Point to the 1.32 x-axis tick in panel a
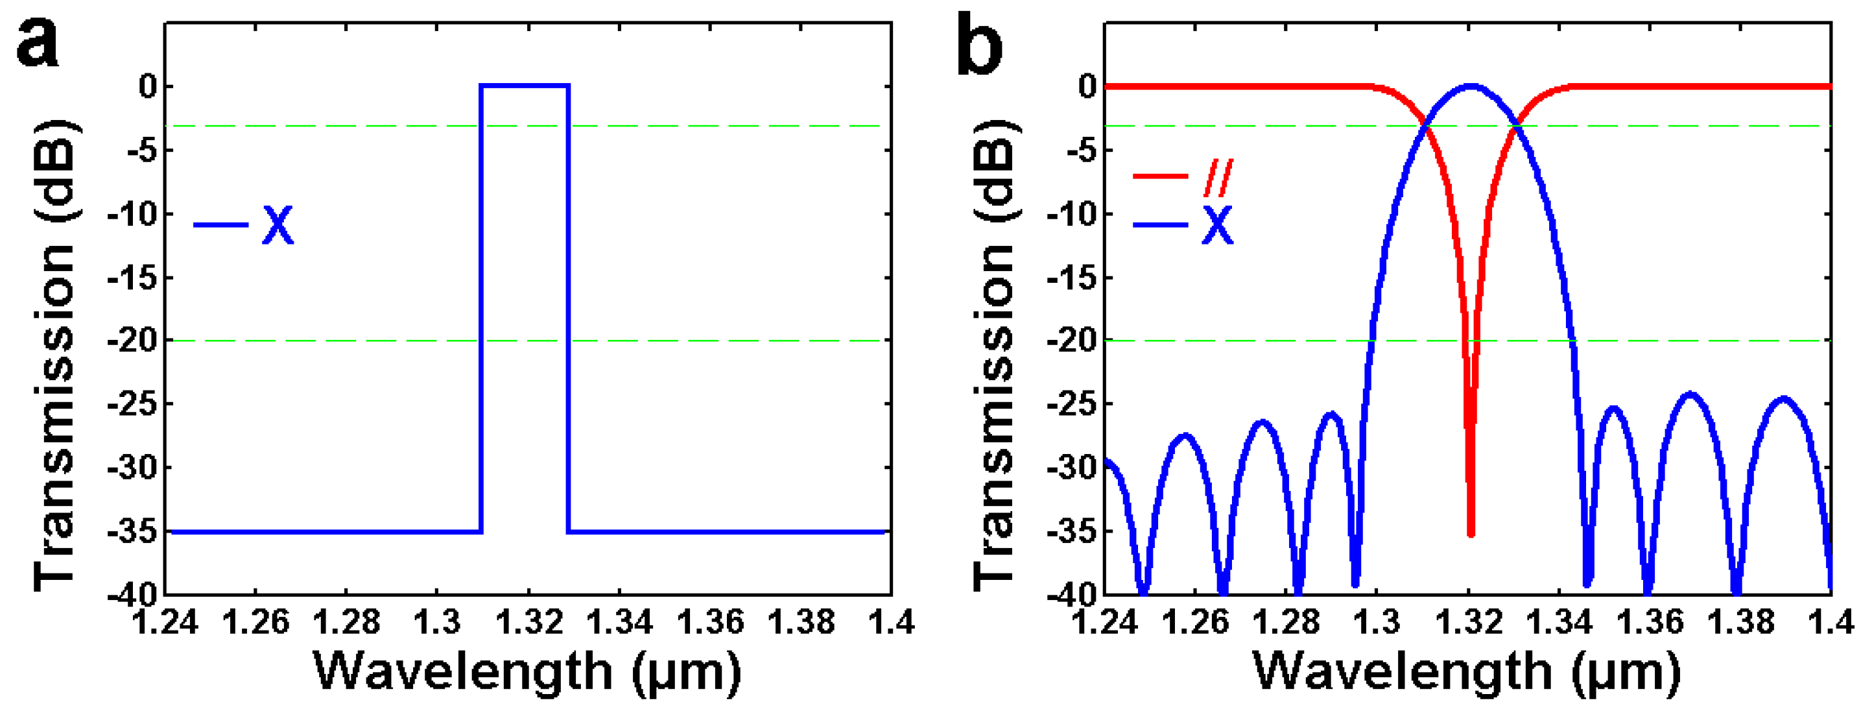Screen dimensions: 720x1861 (x=528, y=621)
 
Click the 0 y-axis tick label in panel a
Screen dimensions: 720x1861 (x=148, y=87)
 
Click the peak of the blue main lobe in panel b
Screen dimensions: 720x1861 (x=1470, y=86)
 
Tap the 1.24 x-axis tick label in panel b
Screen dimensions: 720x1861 (x=1106, y=621)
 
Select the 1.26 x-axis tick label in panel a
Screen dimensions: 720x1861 (x=255, y=621)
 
